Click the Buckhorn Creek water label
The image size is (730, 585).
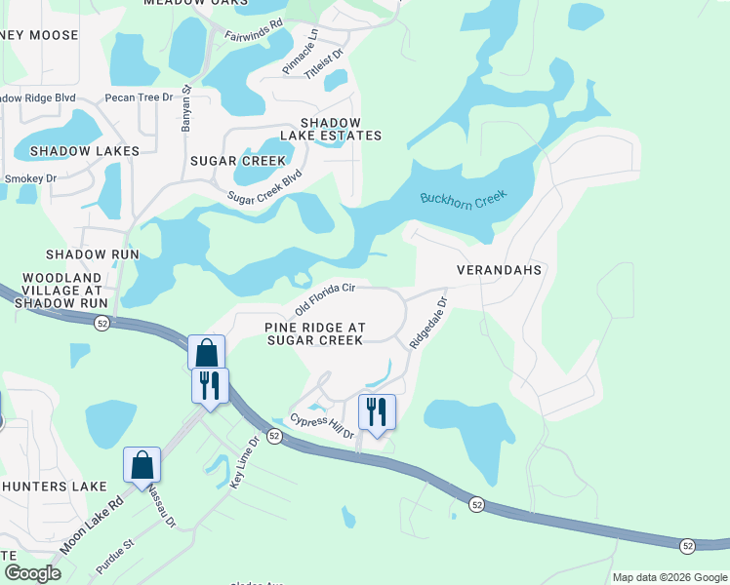pos(465,198)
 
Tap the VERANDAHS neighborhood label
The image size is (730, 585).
pos(499,268)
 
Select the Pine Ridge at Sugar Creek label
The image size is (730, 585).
pos(314,333)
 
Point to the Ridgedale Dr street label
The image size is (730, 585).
pos(426,324)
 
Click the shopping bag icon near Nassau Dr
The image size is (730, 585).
pos(142,465)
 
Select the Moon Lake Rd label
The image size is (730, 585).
pos(90,525)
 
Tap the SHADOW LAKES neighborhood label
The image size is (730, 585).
pos(84,151)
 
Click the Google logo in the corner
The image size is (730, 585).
pos(32,573)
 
